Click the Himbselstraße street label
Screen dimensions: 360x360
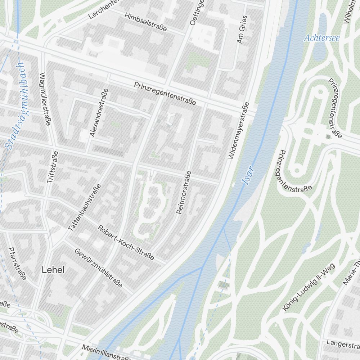point(145,22)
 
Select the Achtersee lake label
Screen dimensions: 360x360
point(321,38)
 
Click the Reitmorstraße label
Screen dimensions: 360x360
point(184,193)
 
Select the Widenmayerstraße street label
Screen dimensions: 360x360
point(238,131)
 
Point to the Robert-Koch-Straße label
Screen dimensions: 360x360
point(126,243)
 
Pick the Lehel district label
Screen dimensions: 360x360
point(53,270)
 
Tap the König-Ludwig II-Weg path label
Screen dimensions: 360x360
point(309,287)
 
